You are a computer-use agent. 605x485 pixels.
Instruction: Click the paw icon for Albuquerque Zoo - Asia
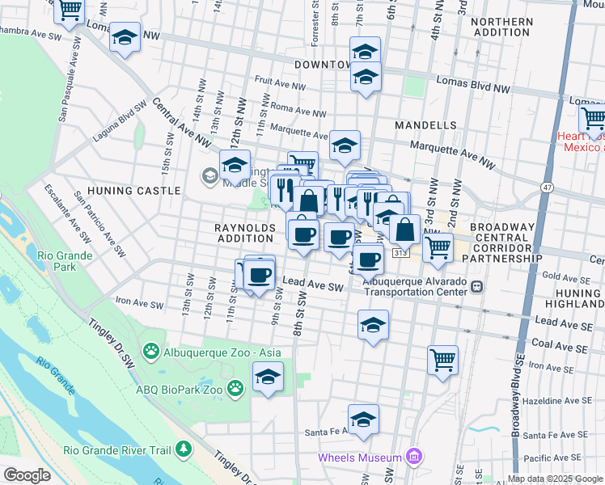coord(150,351)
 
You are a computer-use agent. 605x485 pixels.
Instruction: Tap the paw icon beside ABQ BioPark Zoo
coord(235,389)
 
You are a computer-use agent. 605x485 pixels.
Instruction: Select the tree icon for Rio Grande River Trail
coord(185,448)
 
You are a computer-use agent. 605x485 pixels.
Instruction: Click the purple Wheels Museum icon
coord(415,458)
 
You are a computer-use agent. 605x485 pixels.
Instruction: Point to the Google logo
coord(27,475)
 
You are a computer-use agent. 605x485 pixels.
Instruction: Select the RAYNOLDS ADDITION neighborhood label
coord(245,233)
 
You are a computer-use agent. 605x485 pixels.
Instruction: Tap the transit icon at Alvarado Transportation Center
coord(477,286)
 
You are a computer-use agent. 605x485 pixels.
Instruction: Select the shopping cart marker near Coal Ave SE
coord(442,360)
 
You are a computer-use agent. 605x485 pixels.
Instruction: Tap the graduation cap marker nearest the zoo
coord(268,377)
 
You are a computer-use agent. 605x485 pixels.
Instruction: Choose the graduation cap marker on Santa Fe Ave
coord(363,420)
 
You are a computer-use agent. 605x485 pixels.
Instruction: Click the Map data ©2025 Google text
coord(554,479)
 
